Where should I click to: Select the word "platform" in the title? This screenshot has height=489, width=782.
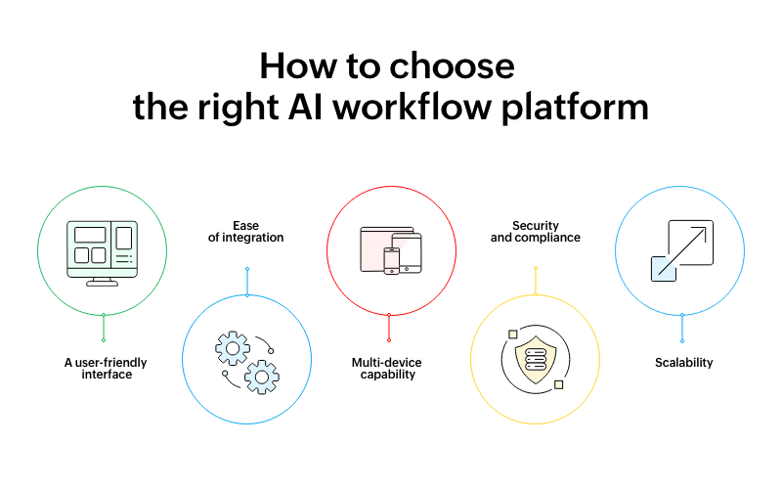575,109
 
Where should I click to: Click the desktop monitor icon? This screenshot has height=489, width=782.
103,253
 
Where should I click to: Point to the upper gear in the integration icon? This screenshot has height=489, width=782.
233,348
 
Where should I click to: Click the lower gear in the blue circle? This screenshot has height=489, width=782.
262,377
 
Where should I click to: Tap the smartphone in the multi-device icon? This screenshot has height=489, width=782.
392,261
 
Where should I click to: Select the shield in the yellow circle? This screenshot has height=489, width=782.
536,360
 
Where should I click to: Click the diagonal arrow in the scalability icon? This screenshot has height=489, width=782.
682,251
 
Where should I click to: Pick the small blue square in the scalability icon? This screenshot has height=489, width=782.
664,269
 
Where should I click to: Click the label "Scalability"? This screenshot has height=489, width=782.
683,363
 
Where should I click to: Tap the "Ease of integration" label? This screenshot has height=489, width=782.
246,232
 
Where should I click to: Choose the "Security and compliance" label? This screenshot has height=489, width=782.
536,232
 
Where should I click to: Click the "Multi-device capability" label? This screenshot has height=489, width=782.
387,369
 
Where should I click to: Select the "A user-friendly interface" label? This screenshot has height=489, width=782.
106,369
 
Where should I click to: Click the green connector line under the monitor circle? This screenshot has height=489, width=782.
104,328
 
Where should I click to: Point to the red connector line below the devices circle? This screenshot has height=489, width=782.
389,328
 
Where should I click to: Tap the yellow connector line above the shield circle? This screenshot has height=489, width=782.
536,282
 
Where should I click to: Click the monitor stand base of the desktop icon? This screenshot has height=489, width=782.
103,284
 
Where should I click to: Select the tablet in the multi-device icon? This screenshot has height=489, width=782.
407,253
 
